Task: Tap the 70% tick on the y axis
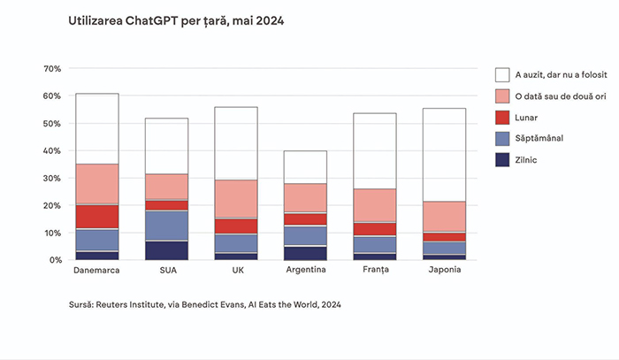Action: (x=51, y=68)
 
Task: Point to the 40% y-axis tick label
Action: (x=51, y=150)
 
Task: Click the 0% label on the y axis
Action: (x=54, y=260)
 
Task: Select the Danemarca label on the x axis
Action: (x=97, y=270)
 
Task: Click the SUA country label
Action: (x=166, y=270)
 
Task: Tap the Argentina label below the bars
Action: (x=305, y=270)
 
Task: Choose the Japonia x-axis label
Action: (x=444, y=270)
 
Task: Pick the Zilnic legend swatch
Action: (x=502, y=159)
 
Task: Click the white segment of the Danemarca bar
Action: (x=97, y=128)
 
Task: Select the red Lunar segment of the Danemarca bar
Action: (x=97, y=217)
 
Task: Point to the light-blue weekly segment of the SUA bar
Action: (x=166, y=226)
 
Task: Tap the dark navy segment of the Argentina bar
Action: (x=305, y=253)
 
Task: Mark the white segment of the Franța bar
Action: (x=375, y=150)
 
